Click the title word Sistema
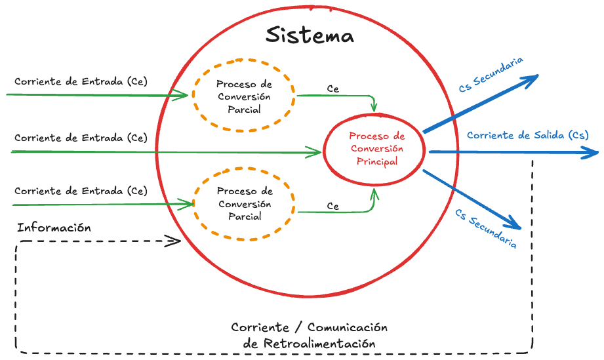[310, 35]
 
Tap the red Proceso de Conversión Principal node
[376, 149]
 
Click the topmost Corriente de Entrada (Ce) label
[81, 82]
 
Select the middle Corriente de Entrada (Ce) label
[81, 138]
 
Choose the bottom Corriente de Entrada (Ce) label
[81, 191]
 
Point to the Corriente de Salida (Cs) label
[527, 136]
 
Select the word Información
[54, 228]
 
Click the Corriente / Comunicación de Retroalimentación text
[310, 335]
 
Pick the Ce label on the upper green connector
[333, 89]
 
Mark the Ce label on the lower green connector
[333, 207]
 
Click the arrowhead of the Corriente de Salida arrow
[593, 153]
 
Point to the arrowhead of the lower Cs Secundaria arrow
[516, 225]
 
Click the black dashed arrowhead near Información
[175, 241]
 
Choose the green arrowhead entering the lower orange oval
[190, 204]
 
